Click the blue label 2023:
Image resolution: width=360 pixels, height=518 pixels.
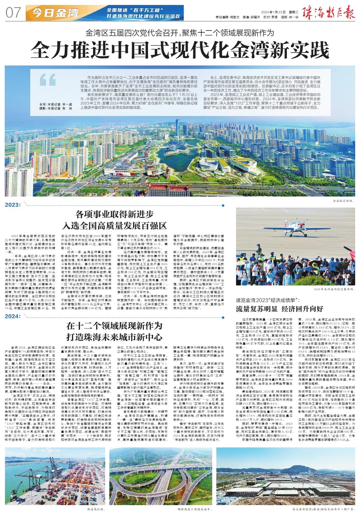(13, 205)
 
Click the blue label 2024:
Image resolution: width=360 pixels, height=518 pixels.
(13, 316)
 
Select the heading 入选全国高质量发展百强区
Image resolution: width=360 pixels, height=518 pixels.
(114, 225)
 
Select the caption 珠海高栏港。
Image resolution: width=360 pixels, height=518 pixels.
(96, 510)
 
